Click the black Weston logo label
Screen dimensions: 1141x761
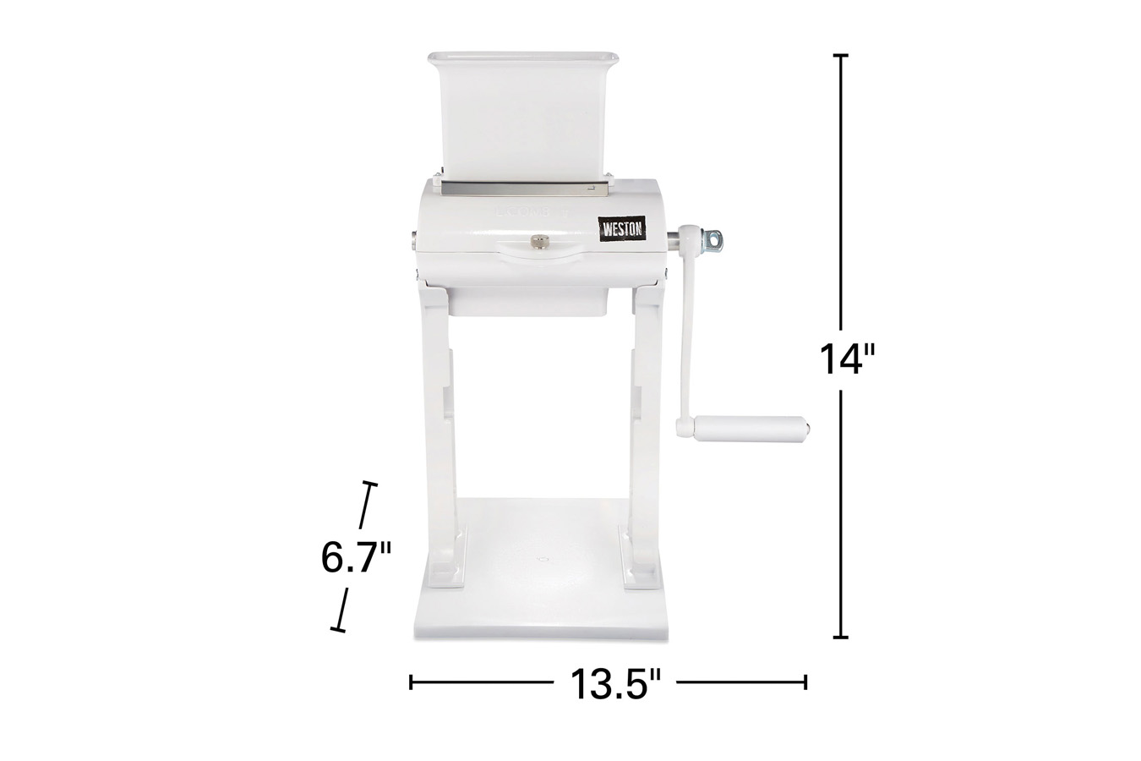coord(622,229)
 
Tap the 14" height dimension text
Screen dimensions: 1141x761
coord(847,359)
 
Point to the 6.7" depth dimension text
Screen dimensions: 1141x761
coord(356,557)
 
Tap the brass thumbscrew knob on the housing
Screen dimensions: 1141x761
coord(537,241)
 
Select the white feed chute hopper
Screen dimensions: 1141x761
coord(523,118)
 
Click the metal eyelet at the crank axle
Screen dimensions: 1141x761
coord(712,240)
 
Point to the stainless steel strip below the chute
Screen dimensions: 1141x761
coord(525,189)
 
